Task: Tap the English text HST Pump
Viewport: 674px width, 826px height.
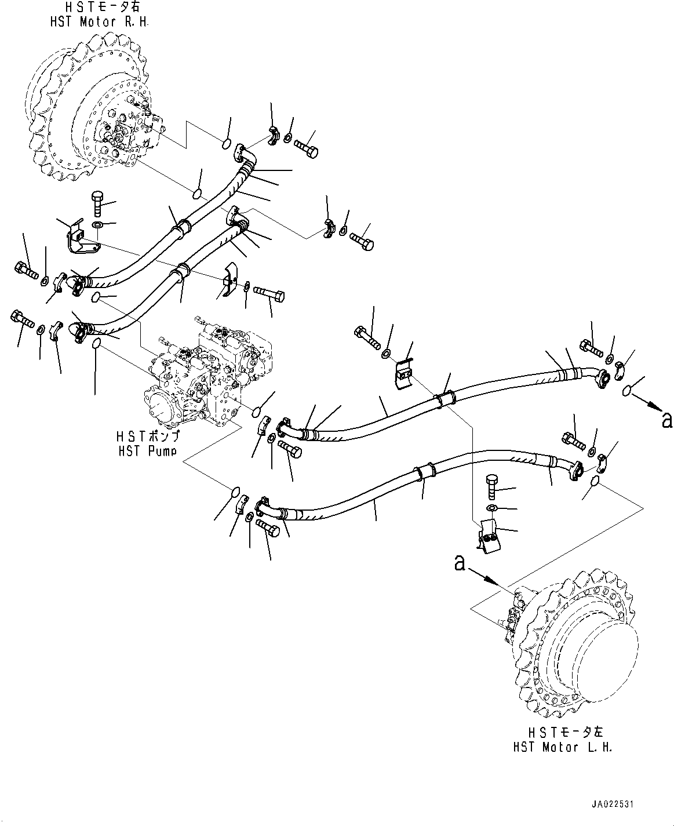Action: click(147, 451)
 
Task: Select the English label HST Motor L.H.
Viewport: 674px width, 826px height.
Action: click(562, 747)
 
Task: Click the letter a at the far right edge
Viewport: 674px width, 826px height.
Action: click(666, 420)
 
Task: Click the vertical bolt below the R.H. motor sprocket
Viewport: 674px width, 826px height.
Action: click(97, 204)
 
